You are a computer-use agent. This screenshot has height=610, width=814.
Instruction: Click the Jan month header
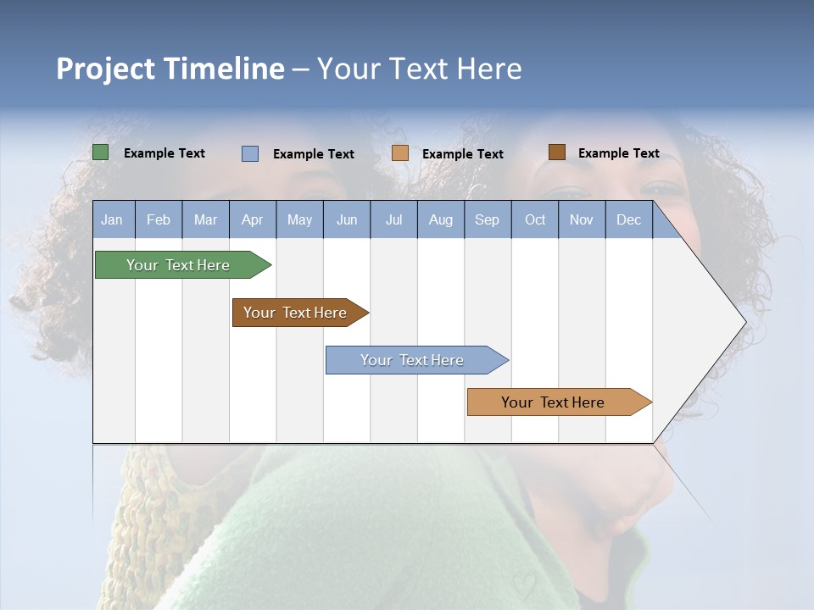[112, 219]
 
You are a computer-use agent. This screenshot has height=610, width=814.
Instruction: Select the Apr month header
[252, 219]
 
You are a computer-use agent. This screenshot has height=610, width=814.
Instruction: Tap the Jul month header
[393, 219]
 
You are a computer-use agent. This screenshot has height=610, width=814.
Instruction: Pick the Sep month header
[487, 219]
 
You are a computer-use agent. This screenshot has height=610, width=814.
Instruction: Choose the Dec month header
[628, 219]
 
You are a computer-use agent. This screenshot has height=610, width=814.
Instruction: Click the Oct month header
[534, 219]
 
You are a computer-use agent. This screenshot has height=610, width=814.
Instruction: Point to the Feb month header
[159, 219]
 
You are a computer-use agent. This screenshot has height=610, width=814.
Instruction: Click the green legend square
[100, 152]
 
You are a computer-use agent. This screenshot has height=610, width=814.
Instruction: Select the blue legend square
[249, 153]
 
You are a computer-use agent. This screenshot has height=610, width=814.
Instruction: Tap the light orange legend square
[400, 153]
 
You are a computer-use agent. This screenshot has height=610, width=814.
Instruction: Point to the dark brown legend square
[556, 152]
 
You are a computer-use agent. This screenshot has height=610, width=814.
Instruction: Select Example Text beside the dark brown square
[618, 153]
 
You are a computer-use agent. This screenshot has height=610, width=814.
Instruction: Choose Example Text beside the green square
[164, 153]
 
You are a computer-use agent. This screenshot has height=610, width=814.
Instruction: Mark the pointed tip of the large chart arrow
[744, 322]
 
